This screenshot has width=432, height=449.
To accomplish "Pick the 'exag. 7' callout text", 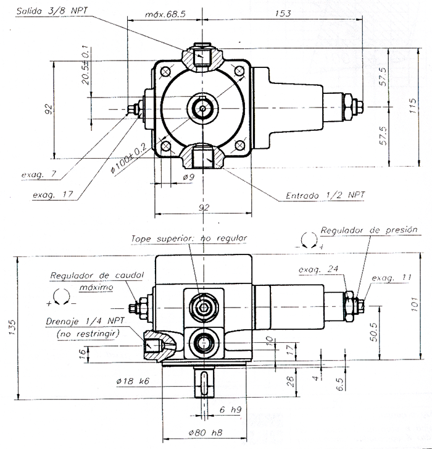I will (x=38, y=175).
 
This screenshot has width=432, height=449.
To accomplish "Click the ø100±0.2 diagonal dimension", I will (x=128, y=158).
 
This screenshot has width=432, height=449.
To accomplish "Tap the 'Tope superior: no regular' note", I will (x=188, y=238).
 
